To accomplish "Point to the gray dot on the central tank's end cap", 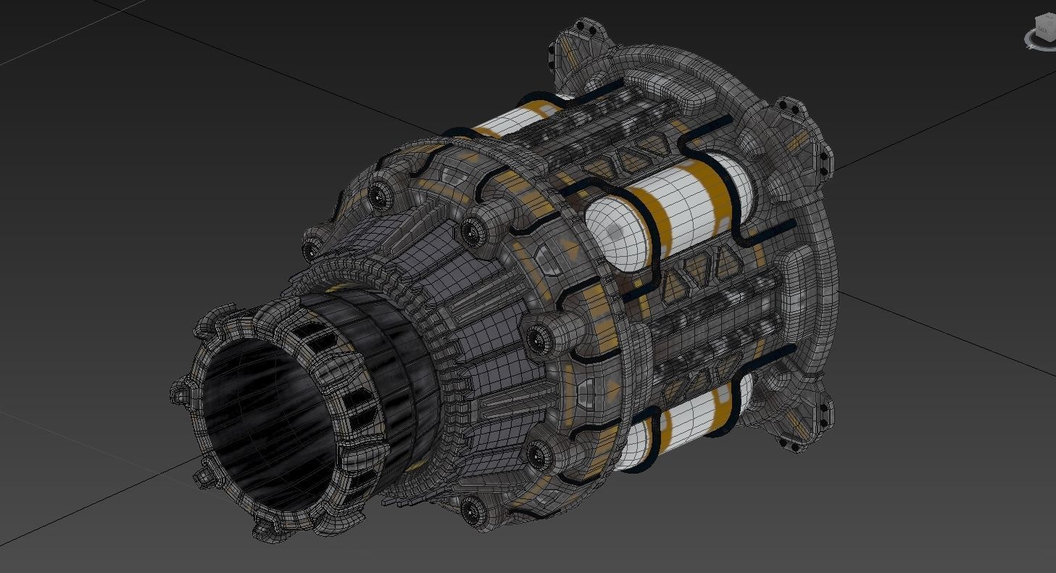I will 615,231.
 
